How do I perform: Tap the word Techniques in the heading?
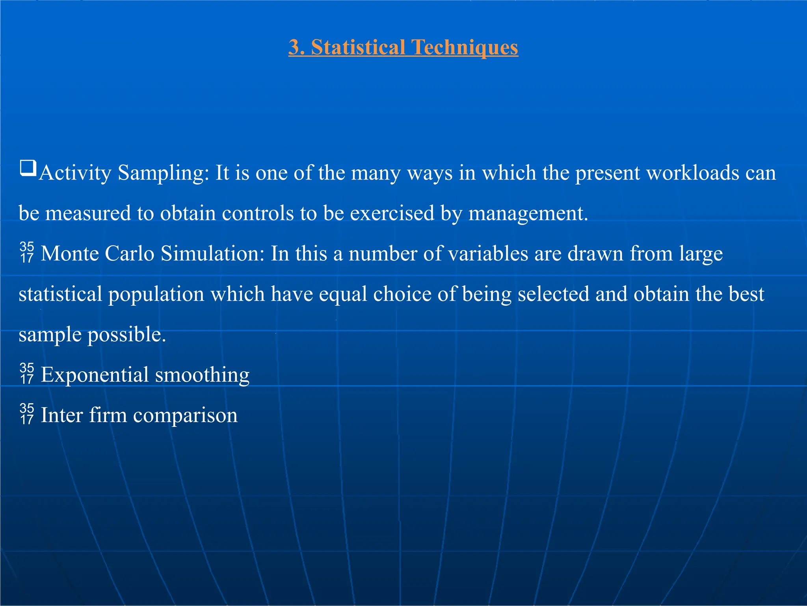coord(465,47)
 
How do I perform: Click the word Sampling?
coord(163,173)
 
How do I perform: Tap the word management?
coord(528,213)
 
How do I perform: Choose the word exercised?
coord(392,213)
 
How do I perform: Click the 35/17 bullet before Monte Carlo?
coord(27,252)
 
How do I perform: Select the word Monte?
coord(70,254)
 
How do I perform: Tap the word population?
coord(156,295)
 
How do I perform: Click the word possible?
coord(126,335)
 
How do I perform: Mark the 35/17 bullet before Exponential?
coord(27,374)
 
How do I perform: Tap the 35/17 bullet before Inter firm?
coord(27,414)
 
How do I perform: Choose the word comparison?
coord(185,415)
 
